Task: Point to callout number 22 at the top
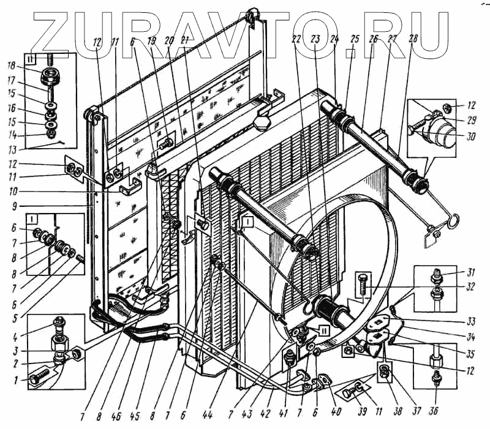pyautogui.click(x=295, y=39)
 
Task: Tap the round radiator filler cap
pyautogui.click(x=264, y=122)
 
